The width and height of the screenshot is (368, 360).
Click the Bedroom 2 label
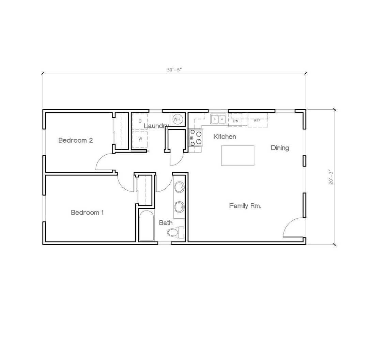click(x=75, y=140)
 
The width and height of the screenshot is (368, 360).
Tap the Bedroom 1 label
click(x=87, y=213)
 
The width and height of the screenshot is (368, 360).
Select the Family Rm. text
click(x=245, y=206)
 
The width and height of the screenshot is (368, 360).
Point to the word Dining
click(x=280, y=148)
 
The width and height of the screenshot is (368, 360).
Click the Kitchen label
click(x=225, y=137)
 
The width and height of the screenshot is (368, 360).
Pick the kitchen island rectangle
click(x=238, y=156)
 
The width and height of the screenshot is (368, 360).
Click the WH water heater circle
click(x=177, y=119)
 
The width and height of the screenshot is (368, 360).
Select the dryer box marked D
click(x=140, y=121)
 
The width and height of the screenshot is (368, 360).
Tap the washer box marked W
click(x=140, y=139)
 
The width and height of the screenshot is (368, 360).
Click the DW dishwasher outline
click(x=235, y=121)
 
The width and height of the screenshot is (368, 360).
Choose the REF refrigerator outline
click(x=257, y=121)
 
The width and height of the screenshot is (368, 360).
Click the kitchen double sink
click(x=218, y=119)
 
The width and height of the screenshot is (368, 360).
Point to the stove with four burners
click(x=196, y=138)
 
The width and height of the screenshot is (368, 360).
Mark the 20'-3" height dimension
click(x=331, y=177)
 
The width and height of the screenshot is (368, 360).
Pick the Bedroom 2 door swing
click(x=104, y=162)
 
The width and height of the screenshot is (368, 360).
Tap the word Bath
click(x=166, y=223)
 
